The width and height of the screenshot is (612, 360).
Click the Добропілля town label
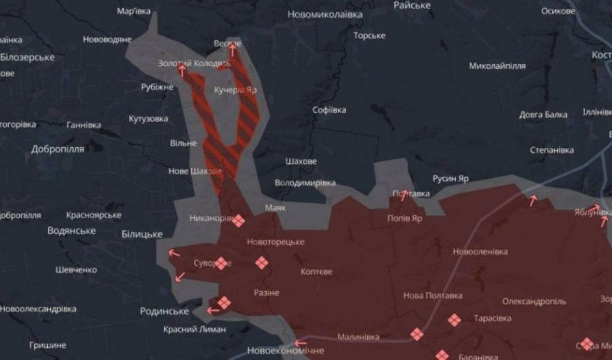click(57, 149)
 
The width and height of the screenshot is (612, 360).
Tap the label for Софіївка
click(330, 110)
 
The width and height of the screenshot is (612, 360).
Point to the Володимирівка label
click(305, 183)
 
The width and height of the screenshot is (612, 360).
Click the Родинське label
click(164, 312)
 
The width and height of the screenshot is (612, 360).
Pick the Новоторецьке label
click(275, 242)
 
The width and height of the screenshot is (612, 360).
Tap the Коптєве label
click(316, 271)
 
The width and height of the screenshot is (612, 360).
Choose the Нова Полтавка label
click(433, 296)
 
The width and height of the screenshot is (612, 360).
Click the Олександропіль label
click(534, 301)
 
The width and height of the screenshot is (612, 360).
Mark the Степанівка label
click(552, 150)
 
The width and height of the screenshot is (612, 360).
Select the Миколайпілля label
click(497, 66)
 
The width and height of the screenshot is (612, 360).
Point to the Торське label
click(370, 36)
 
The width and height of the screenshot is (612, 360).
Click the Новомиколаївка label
click(325, 14)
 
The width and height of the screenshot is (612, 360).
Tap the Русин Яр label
click(450, 178)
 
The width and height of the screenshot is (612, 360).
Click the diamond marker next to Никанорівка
click(238, 221)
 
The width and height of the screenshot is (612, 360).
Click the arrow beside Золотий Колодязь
click(182, 70)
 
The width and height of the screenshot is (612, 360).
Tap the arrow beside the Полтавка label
click(403, 196)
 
